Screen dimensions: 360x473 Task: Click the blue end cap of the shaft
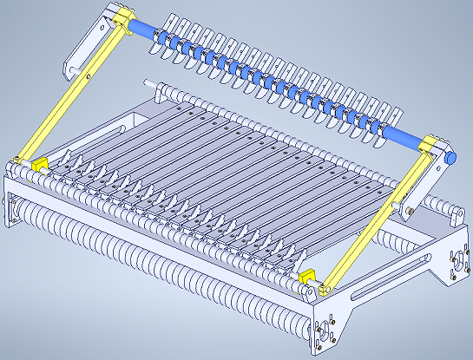click(451, 156)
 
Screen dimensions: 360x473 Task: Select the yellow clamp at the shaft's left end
click(120, 19)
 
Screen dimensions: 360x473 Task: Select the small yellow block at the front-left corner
click(38, 164)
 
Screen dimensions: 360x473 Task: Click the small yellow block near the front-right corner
click(305, 278)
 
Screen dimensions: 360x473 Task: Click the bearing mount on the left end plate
click(13, 208)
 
